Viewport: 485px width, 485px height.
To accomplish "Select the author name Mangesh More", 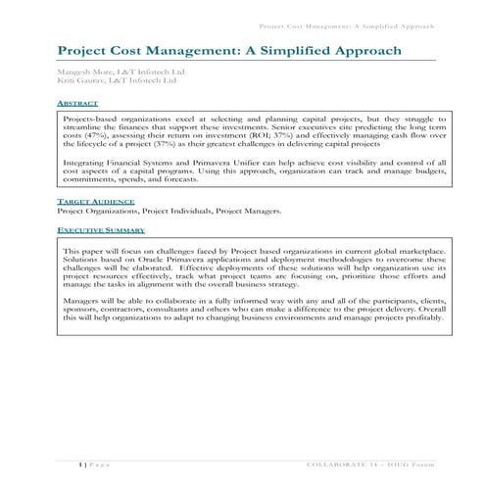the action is [x=83, y=73].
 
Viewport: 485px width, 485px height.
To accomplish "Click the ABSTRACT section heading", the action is [x=77, y=102].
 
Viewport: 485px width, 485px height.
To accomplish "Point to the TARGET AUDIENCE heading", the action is [x=95, y=201].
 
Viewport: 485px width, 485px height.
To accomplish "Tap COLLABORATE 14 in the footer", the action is [x=348, y=461].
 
